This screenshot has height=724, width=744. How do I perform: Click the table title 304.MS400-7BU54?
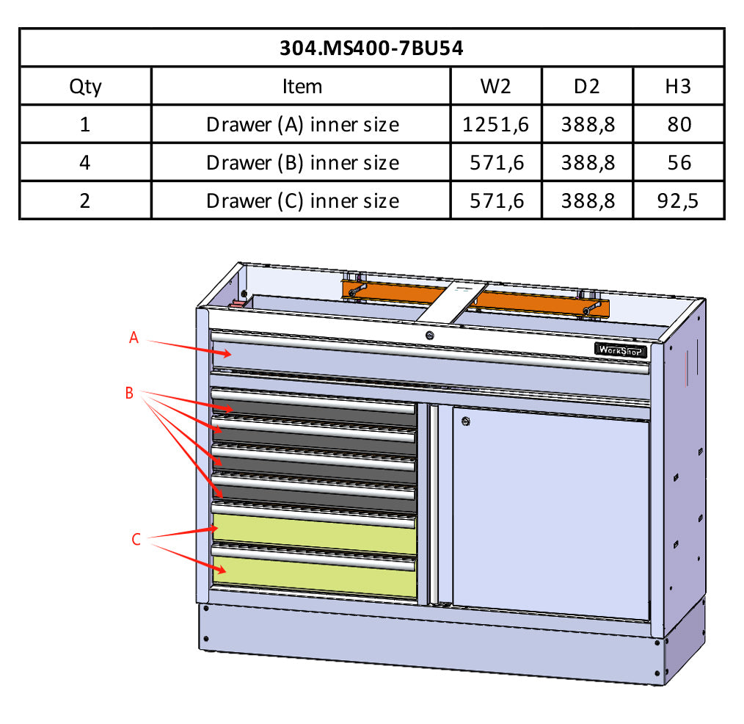pos(371,48)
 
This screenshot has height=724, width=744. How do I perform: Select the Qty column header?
pos(85,87)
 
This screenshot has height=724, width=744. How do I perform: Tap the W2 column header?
pos(495,87)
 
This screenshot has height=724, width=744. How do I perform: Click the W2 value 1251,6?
pos(495,124)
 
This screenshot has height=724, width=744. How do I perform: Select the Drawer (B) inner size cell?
pos(302,162)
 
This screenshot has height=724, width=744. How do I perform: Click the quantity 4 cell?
pos(85,162)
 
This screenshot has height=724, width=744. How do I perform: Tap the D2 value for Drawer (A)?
pos(587,124)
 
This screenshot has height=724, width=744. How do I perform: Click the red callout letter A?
pos(133,338)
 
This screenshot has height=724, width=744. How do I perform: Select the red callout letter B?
pos(129,394)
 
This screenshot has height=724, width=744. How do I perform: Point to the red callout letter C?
pos(136,540)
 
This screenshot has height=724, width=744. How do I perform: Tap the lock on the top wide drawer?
pos(429,336)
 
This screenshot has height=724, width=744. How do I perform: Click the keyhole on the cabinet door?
pos(467,421)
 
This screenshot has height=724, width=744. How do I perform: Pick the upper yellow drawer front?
pos(314,533)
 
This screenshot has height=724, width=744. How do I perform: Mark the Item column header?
pos(302,87)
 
